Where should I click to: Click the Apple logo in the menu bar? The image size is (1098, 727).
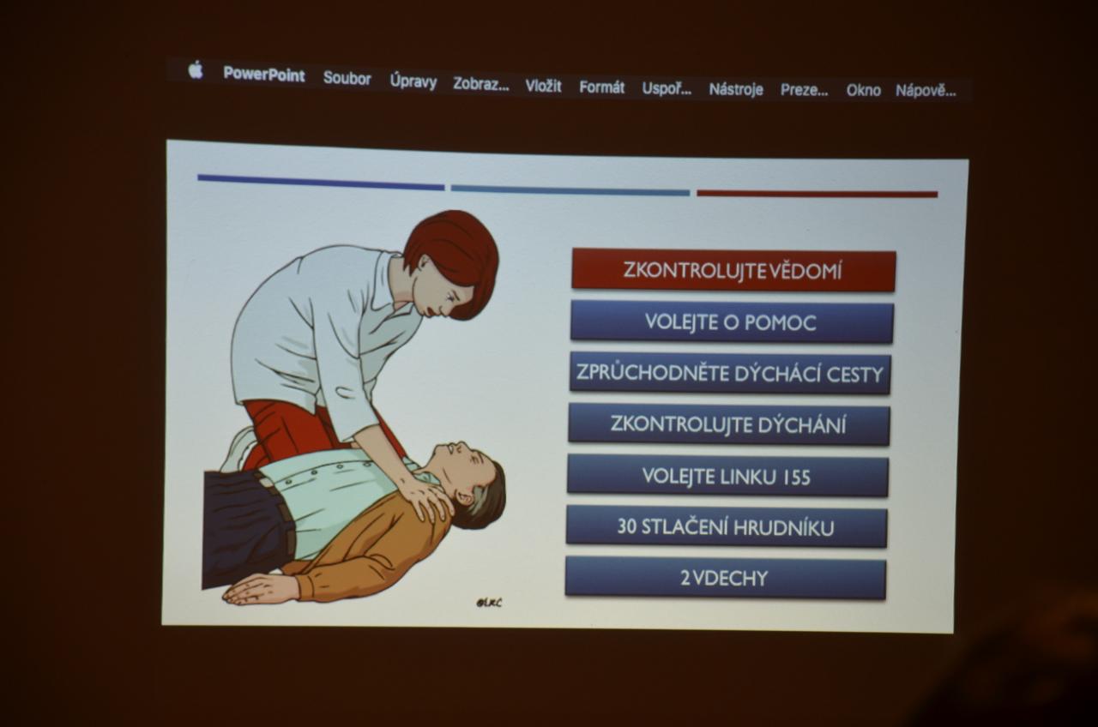[196, 69]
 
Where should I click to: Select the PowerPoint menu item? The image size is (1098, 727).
[264, 75]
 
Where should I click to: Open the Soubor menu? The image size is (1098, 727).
[347, 78]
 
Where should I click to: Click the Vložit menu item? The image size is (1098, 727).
[543, 86]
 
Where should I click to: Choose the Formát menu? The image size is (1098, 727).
[602, 87]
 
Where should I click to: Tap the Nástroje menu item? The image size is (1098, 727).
[736, 89]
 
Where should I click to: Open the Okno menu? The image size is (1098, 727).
[863, 91]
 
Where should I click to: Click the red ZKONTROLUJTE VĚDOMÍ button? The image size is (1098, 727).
[733, 270]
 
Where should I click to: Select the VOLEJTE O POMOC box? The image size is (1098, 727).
[732, 321]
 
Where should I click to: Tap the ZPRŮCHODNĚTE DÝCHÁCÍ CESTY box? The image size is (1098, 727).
[730, 373]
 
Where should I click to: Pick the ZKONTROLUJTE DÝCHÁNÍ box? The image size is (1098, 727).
[729, 424]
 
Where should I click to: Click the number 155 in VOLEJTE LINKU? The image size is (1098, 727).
[796, 478]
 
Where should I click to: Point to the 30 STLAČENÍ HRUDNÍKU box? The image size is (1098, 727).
[727, 527]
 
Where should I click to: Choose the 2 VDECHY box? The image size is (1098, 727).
[726, 578]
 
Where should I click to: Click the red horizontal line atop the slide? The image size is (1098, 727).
[817, 194]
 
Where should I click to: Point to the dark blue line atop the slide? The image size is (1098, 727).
[321, 182]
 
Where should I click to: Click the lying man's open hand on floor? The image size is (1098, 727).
[260, 588]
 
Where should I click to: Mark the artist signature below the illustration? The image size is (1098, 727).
[489, 603]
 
